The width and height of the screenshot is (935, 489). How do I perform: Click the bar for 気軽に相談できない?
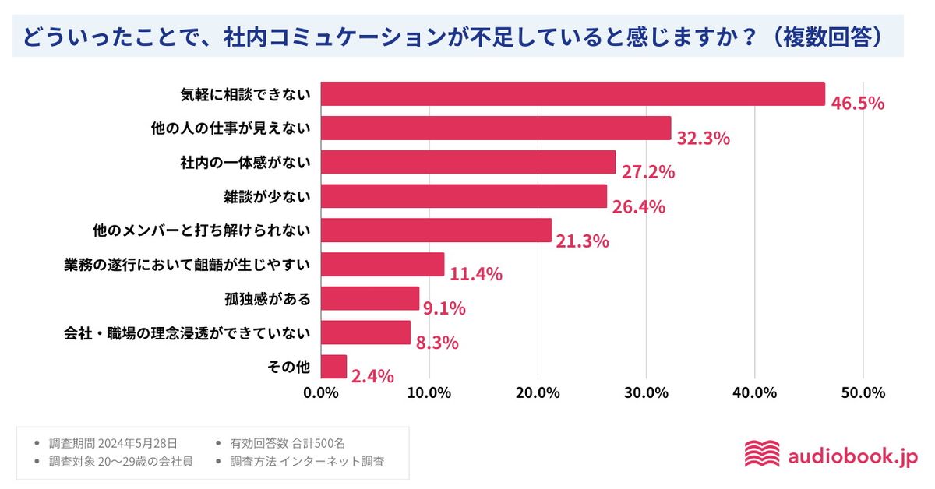(x=573, y=93)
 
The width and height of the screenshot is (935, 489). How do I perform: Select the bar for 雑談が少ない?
(x=464, y=196)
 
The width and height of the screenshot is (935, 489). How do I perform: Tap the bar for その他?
(x=333, y=367)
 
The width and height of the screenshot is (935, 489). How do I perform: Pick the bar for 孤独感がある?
(x=370, y=298)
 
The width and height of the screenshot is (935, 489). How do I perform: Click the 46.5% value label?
(x=857, y=104)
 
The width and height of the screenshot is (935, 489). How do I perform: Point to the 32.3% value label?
(x=703, y=139)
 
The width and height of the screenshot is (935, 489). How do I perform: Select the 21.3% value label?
(x=582, y=241)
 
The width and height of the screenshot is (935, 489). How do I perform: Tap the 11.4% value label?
(x=475, y=274)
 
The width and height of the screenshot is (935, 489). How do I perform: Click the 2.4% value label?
(x=372, y=377)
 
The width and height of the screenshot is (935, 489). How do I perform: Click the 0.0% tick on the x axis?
(x=321, y=392)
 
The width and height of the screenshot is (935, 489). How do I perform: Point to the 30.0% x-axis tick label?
(x=646, y=392)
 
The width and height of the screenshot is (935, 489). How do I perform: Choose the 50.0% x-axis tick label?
(x=863, y=392)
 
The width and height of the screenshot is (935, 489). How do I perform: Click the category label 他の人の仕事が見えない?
(x=231, y=128)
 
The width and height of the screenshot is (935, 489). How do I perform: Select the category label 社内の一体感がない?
(x=245, y=162)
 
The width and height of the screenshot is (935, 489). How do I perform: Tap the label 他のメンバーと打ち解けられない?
(x=201, y=230)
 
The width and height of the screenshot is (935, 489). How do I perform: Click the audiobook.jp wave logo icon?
(x=761, y=454)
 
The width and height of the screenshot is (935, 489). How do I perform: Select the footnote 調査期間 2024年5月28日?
(x=118, y=443)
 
